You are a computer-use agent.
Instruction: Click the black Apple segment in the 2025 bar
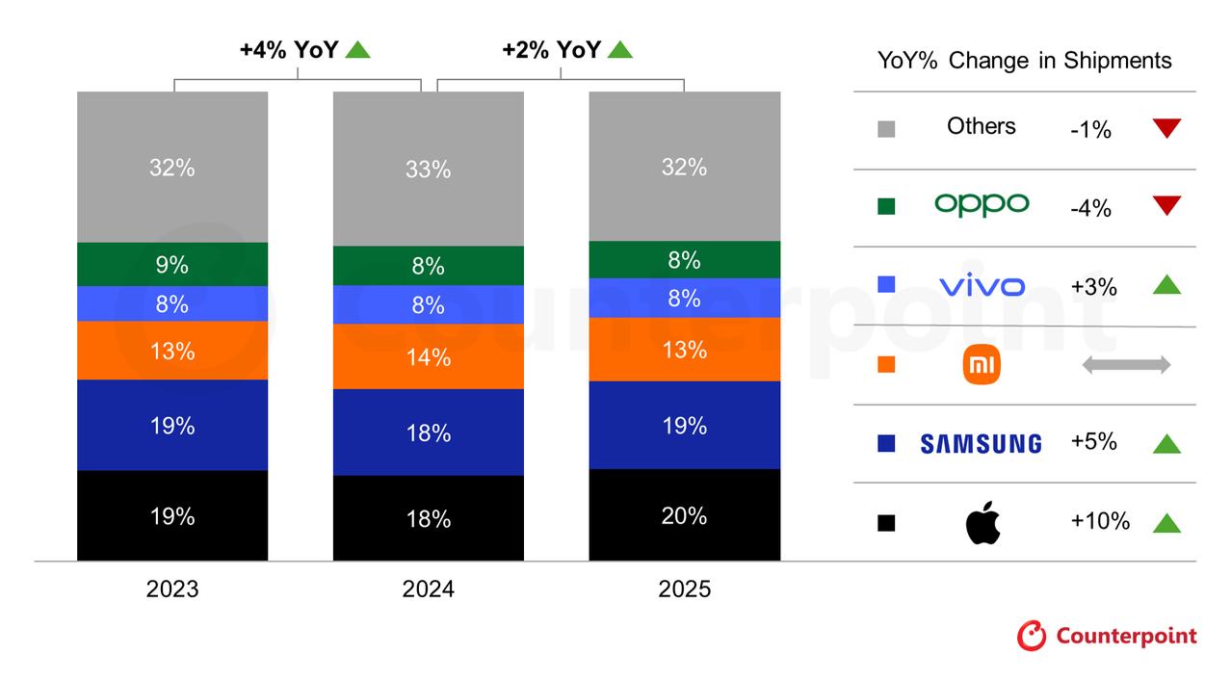coord(684,515)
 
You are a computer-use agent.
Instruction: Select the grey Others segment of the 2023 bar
coord(172,167)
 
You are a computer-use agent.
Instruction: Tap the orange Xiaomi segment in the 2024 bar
coord(428,356)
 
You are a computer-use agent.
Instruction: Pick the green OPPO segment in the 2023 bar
coord(172,264)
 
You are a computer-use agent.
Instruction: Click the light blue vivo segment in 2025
coord(684,298)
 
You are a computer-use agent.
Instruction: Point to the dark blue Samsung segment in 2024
coord(428,432)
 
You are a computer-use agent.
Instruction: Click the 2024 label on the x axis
coord(428,588)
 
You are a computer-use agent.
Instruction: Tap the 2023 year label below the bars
coord(172,588)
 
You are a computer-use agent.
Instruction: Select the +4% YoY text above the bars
coord(289,50)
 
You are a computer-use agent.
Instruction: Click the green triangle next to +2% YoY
coord(620,49)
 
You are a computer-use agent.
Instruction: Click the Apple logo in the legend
coord(982,523)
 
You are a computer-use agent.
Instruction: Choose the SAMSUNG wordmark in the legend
coord(981,443)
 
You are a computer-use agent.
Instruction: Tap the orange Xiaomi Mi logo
coord(982,365)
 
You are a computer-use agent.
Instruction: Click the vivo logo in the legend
coord(982,286)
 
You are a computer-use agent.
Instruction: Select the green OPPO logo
coord(982,204)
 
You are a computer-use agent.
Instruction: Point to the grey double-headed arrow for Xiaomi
coord(1125,364)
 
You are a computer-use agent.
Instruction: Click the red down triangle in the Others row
coord(1166,128)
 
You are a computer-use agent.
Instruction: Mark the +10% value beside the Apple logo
coord(1100,521)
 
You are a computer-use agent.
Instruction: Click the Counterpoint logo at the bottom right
coord(1107,636)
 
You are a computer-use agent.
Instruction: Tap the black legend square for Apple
coord(886,523)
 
